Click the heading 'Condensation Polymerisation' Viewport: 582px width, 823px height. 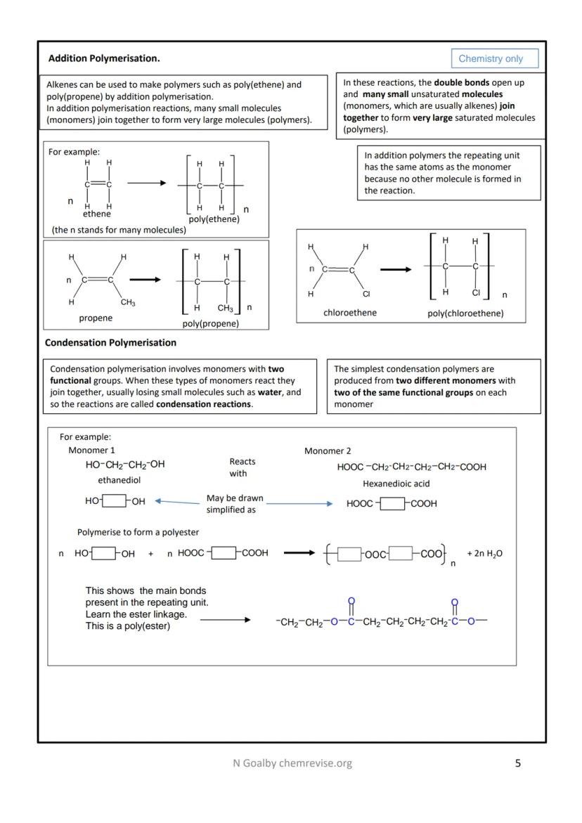tap(110, 343)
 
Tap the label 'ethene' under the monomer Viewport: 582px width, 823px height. tap(97, 214)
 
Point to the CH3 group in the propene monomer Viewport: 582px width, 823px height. tap(128, 303)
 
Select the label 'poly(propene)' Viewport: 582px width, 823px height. tap(210, 323)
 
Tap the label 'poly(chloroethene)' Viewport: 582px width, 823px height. tap(465, 313)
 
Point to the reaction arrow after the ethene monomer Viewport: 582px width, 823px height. tap(146, 183)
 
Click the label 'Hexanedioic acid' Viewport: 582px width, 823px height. tap(396, 484)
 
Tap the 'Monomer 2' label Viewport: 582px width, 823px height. tap(328, 451)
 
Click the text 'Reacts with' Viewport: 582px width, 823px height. tap(242, 467)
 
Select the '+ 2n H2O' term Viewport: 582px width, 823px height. tap(484, 553)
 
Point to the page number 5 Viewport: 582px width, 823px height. tap(518, 763)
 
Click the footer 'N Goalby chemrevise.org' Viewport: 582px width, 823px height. tap(292, 763)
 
